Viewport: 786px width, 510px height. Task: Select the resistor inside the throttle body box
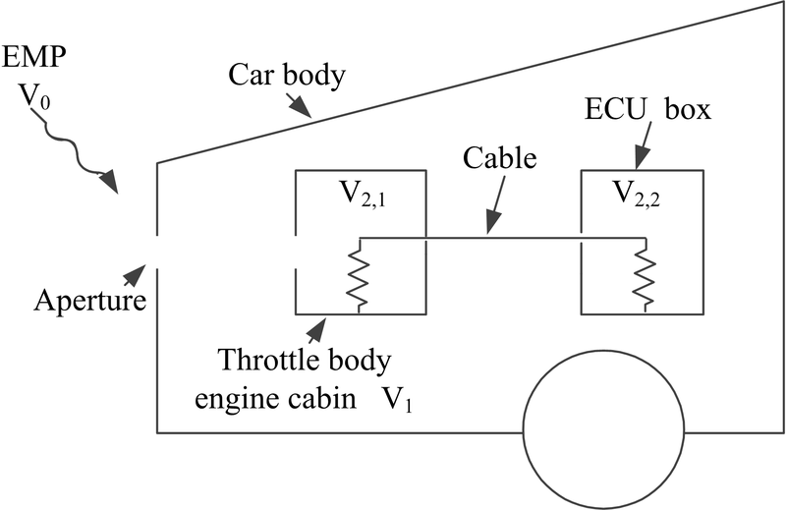pyautogui.click(x=360, y=276)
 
